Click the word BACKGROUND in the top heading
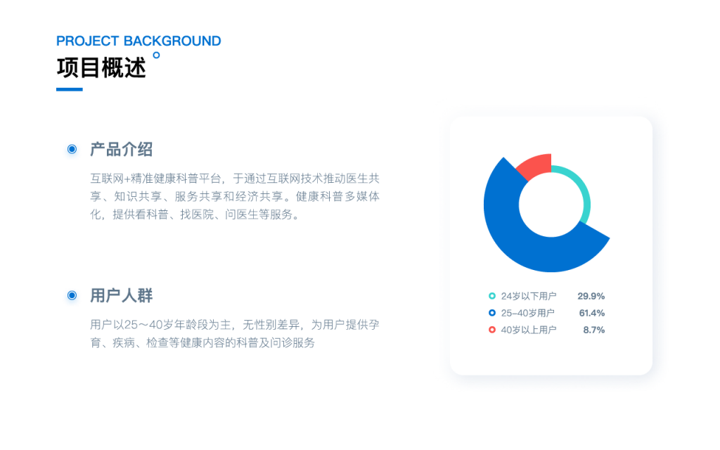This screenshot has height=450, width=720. [x=172, y=41]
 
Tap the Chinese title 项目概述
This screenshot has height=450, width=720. [x=101, y=68]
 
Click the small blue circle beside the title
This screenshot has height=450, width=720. [x=156, y=55]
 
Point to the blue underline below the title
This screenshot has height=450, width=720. [x=70, y=89]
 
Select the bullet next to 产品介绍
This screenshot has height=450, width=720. [x=72, y=149]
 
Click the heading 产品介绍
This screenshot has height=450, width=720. [x=121, y=149]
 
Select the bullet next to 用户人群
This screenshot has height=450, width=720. [x=72, y=295]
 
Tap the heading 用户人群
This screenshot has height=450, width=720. [x=121, y=296]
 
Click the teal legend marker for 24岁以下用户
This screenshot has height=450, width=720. [x=491, y=296]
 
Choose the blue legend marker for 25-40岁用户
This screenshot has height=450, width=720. [x=491, y=313]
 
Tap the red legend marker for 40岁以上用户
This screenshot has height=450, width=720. [x=491, y=330]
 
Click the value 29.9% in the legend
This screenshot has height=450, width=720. [x=591, y=296]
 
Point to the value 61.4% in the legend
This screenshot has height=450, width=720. [x=592, y=313]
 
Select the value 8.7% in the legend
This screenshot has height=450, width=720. [x=593, y=330]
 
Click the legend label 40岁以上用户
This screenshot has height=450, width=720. [x=529, y=330]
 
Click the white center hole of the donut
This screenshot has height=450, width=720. [x=551, y=205]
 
